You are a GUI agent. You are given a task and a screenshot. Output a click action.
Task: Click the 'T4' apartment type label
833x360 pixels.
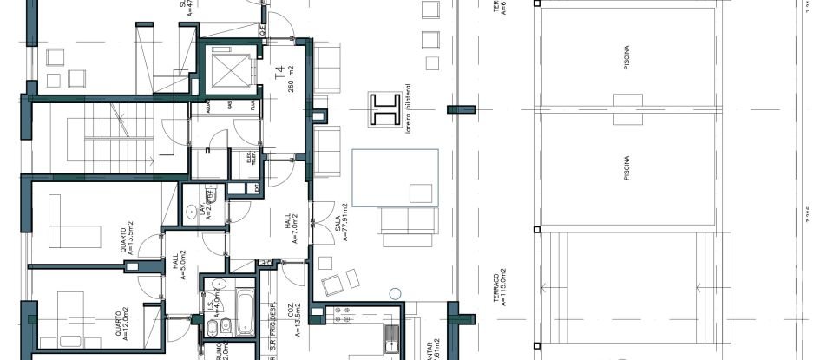pos(279,74)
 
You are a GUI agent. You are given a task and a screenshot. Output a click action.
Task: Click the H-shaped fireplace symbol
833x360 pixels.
pos(384,110)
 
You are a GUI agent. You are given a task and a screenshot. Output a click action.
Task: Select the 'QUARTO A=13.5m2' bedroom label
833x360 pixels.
pos(126,241)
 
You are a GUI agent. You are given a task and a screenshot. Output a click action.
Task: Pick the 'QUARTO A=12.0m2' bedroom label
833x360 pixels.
pos(121,322)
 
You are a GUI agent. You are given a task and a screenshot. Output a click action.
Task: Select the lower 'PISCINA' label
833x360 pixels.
pos(626,167)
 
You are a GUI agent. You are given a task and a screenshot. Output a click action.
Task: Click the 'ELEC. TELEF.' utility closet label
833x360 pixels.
pos(250,158)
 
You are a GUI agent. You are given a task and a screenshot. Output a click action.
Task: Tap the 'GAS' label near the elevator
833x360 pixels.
pos(229,105)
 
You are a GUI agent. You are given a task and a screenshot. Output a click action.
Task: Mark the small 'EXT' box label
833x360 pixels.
pos(256,187)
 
